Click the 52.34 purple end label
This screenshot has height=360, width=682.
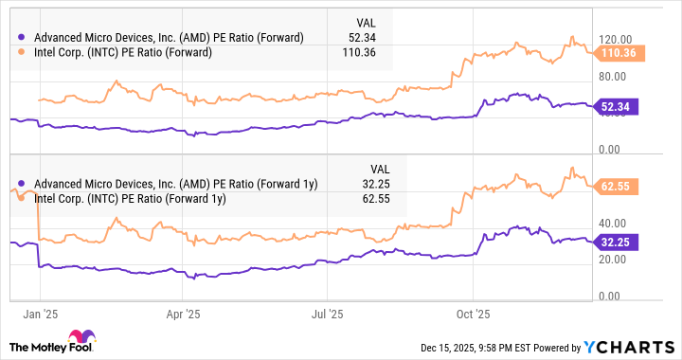[619, 106]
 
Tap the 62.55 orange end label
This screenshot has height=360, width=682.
[619, 187]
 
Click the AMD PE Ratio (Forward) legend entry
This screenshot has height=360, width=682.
[161, 37]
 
